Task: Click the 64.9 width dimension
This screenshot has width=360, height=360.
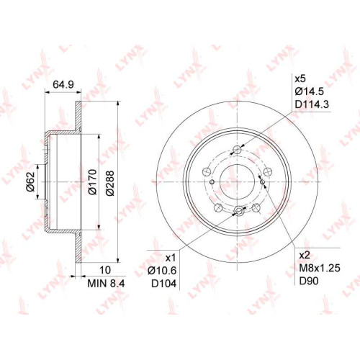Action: (x=63, y=85)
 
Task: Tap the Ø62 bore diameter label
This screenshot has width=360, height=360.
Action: (x=31, y=181)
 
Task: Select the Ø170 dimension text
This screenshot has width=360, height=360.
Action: (x=92, y=182)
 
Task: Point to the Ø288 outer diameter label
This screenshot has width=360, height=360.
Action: (x=109, y=183)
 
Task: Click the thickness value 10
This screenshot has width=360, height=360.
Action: (x=105, y=270)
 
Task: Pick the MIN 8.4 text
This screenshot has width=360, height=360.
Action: (x=106, y=284)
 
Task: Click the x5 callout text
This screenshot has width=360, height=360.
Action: (x=300, y=78)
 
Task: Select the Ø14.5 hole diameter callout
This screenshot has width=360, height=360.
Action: (x=309, y=91)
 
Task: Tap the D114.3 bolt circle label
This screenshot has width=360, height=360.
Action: (x=312, y=104)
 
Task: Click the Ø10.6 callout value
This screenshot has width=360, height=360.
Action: (x=162, y=271)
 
